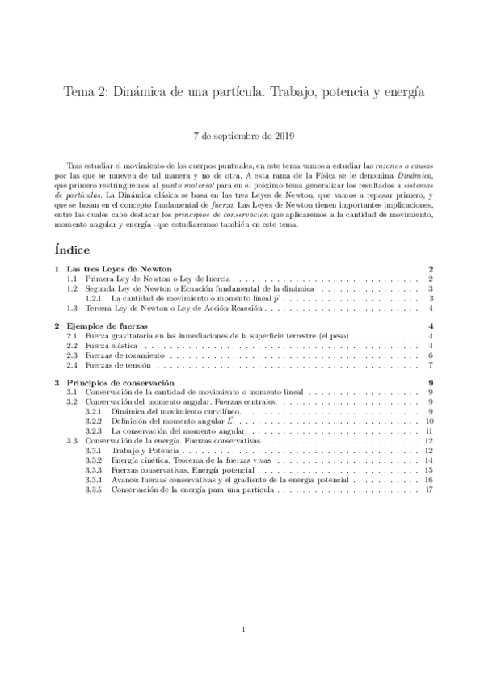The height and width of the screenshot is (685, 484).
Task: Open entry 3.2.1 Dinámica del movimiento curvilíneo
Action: coord(170,411)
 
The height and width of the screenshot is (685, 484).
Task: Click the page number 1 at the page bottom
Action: coord(242,629)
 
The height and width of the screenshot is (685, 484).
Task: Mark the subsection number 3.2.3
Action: coord(94,431)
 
